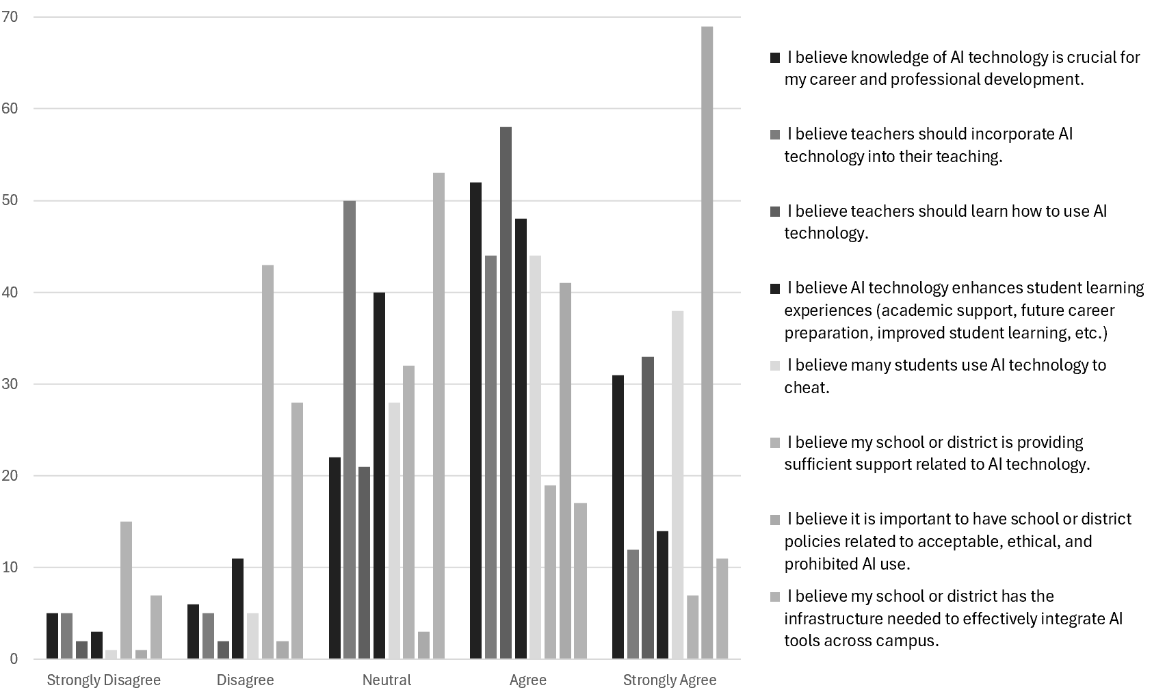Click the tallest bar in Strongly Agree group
click(x=707, y=342)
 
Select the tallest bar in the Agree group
click(x=506, y=393)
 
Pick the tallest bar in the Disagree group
click(x=267, y=462)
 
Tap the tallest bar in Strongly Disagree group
click(x=126, y=590)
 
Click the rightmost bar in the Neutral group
click(x=438, y=416)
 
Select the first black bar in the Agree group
click(x=475, y=421)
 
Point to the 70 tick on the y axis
click(x=10, y=16)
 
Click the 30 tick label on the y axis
click(x=10, y=384)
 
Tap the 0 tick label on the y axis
click(x=13, y=659)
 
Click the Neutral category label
click(x=387, y=680)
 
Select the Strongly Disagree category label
click(x=103, y=680)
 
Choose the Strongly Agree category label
click(x=669, y=680)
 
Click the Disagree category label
click(x=245, y=680)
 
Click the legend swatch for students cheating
click(x=774, y=366)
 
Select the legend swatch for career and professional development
click(x=774, y=58)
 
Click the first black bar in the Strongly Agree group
click(x=618, y=517)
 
